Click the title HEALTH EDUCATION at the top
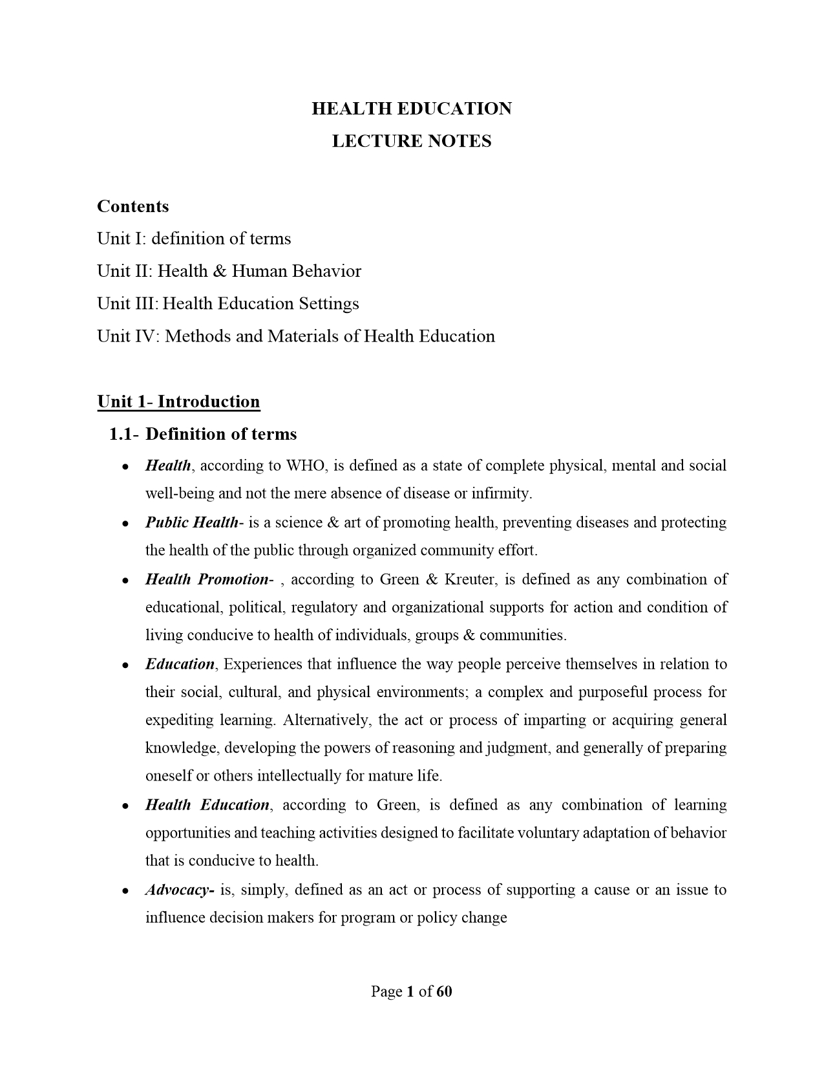tap(412, 109)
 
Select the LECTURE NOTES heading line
tap(412, 141)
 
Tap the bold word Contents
tap(132, 206)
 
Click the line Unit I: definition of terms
tap(194, 239)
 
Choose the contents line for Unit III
tap(227, 303)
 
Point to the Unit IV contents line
tap(295, 336)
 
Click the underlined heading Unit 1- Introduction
tap(178, 402)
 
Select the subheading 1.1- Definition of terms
tap(203, 434)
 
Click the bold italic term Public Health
tap(191, 523)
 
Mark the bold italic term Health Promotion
tap(206, 579)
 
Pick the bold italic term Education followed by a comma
tap(180, 664)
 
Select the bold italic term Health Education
tap(207, 805)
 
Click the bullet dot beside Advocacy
tap(124, 891)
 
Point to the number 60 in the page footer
tap(444, 992)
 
